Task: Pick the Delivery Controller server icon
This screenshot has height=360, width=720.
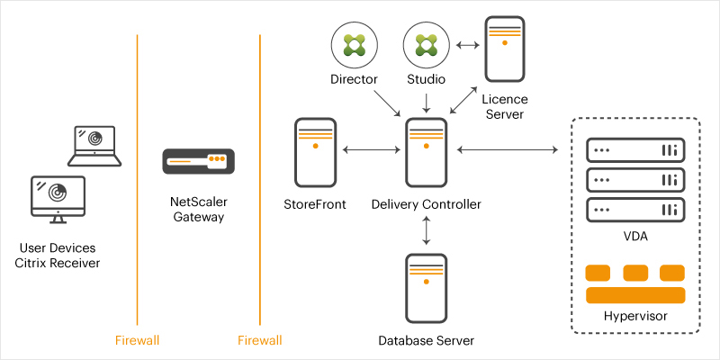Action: pos(426,150)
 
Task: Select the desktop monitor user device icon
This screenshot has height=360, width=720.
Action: pos(58,199)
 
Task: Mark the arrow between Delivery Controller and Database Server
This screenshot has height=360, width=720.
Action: pos(426,230)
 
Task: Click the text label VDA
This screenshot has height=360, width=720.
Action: pos(634,237)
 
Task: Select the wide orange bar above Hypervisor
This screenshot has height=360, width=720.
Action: pos(634,296)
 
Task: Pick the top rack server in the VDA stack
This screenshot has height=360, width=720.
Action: pos(634,149)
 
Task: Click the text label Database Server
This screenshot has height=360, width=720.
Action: pos(426,340)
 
